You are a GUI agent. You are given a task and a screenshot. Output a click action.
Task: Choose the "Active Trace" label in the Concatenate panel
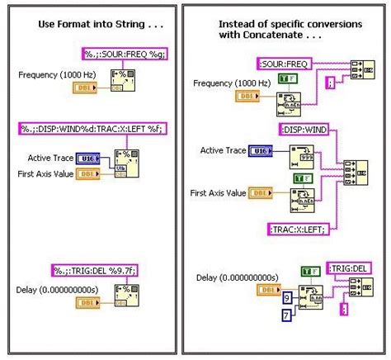(224, 149)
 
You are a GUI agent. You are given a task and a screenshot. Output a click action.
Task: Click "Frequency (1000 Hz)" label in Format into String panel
(54, 75)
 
